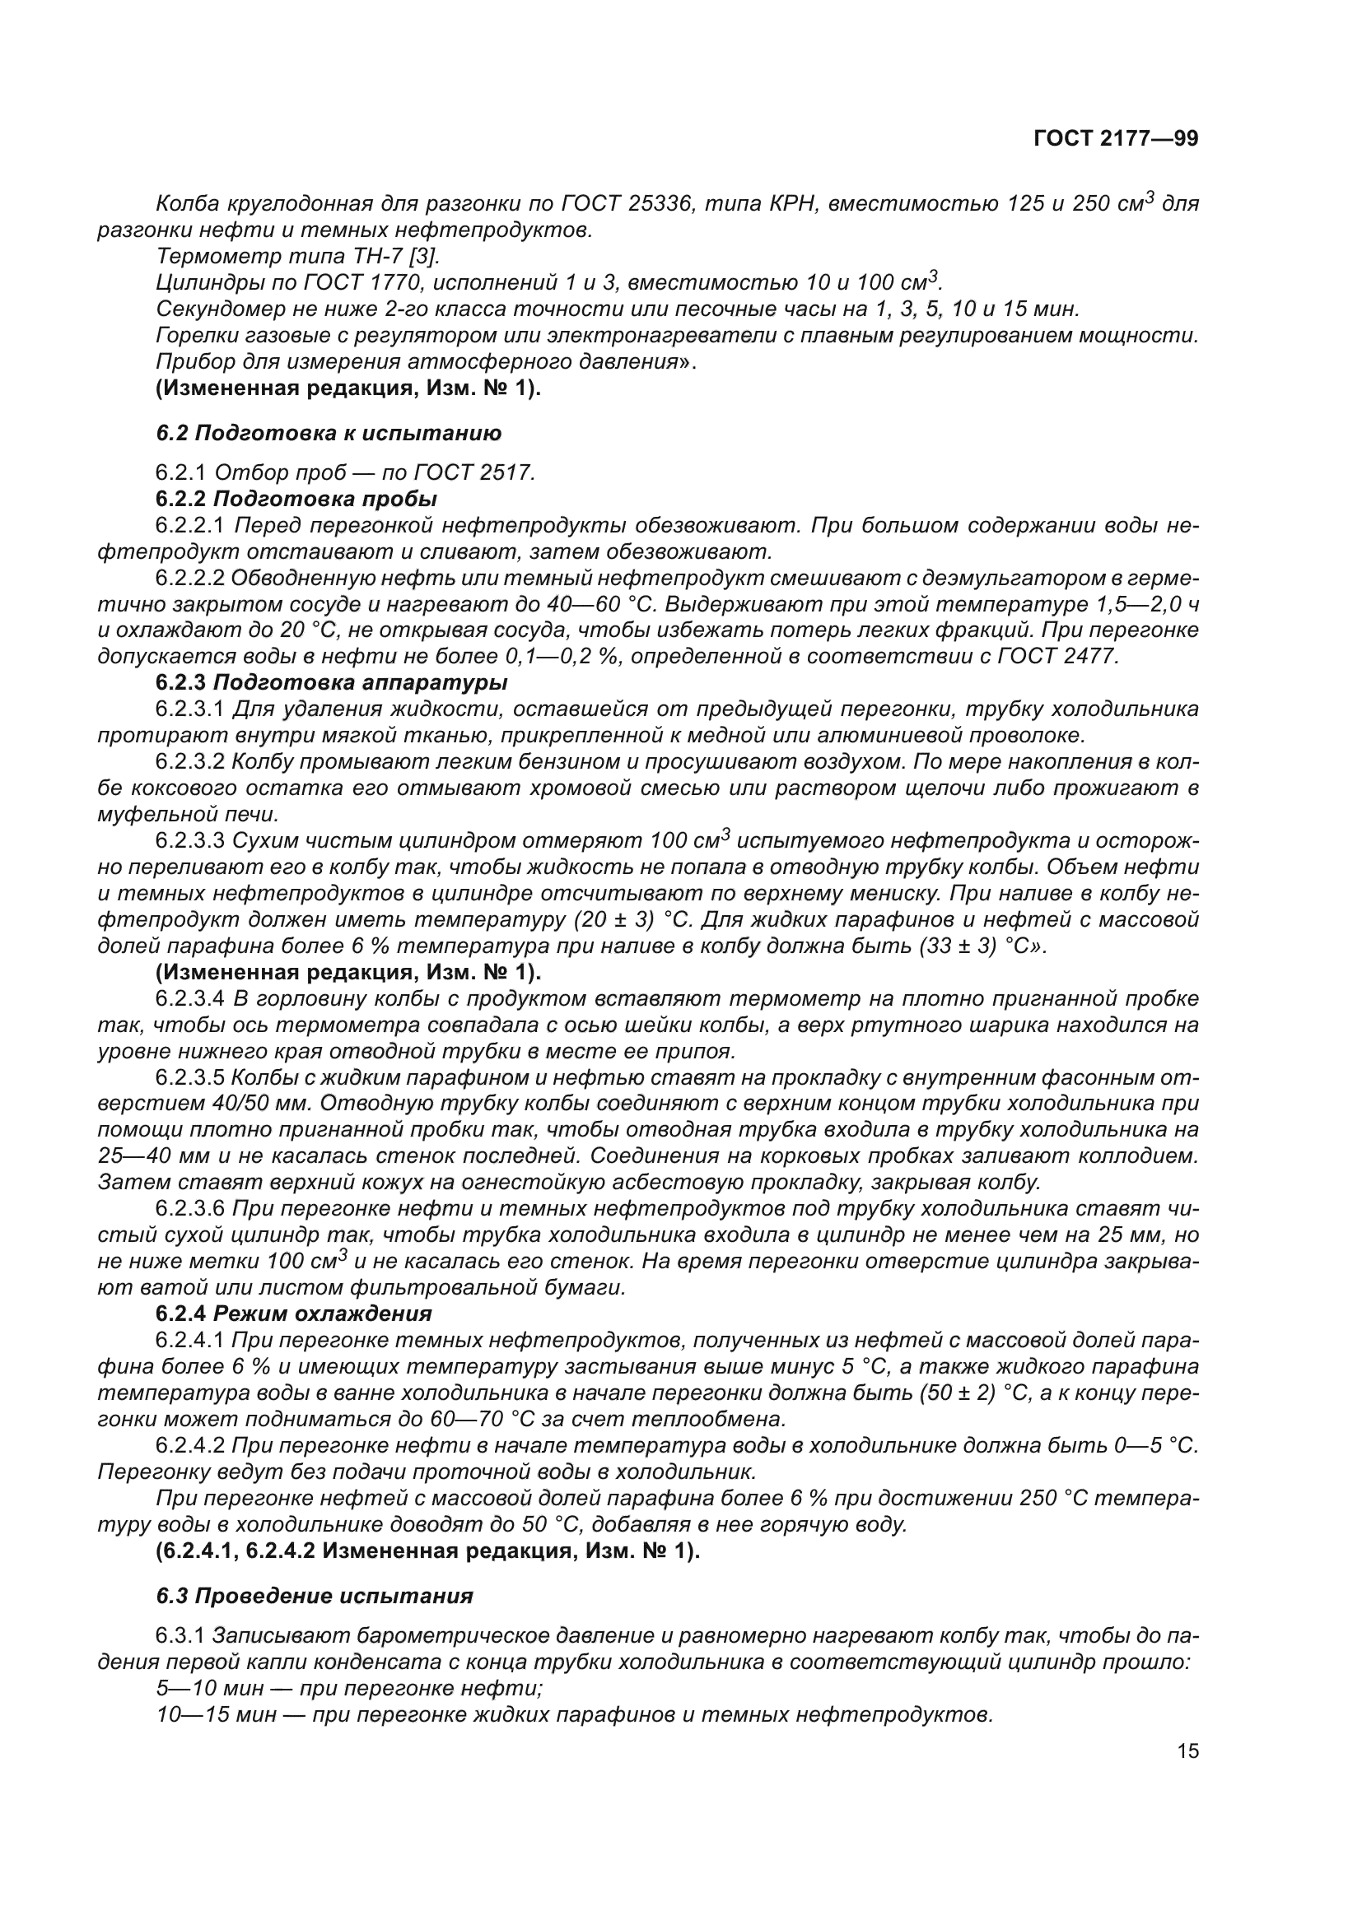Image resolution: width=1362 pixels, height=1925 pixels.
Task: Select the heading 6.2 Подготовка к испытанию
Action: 329,434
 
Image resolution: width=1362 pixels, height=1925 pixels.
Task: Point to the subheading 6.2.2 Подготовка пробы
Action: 296,499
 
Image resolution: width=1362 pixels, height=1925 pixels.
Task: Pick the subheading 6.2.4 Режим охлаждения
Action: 293,1313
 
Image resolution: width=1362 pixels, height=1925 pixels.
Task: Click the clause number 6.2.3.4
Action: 190,998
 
